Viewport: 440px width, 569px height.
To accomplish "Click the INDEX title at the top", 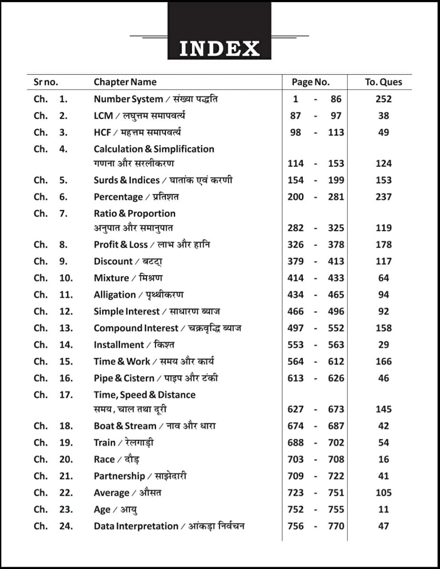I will point(219,48).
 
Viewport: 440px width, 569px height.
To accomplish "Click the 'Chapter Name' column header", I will point(125,82).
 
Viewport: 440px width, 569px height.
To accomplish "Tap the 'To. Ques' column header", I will point(383,82).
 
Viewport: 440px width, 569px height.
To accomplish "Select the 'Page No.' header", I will point(311,82).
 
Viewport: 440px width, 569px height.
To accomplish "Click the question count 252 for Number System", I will point(383,99).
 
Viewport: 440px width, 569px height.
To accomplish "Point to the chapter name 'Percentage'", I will point(118,197).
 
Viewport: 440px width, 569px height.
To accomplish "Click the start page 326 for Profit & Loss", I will point(296,244).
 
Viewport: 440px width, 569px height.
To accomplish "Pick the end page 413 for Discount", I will point(336,261).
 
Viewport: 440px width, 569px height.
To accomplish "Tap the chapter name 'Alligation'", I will point(115,295).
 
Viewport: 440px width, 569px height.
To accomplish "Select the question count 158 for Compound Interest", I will point(383,328).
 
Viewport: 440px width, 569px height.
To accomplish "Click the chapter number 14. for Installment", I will point(66,345).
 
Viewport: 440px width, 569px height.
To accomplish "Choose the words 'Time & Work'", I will point(122,361).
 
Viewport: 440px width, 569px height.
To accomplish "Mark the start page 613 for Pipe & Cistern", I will point(296,378).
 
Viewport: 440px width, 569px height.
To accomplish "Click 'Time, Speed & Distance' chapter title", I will point(144,395).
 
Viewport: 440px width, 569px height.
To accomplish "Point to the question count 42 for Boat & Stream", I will point(383,426).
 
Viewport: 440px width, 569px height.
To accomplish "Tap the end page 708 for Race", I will point(336,459).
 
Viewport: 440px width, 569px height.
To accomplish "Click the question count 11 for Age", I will point(383,509).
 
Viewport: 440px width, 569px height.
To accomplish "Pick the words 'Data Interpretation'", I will point(136,526).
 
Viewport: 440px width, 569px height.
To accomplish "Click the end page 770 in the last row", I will point(336,526).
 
